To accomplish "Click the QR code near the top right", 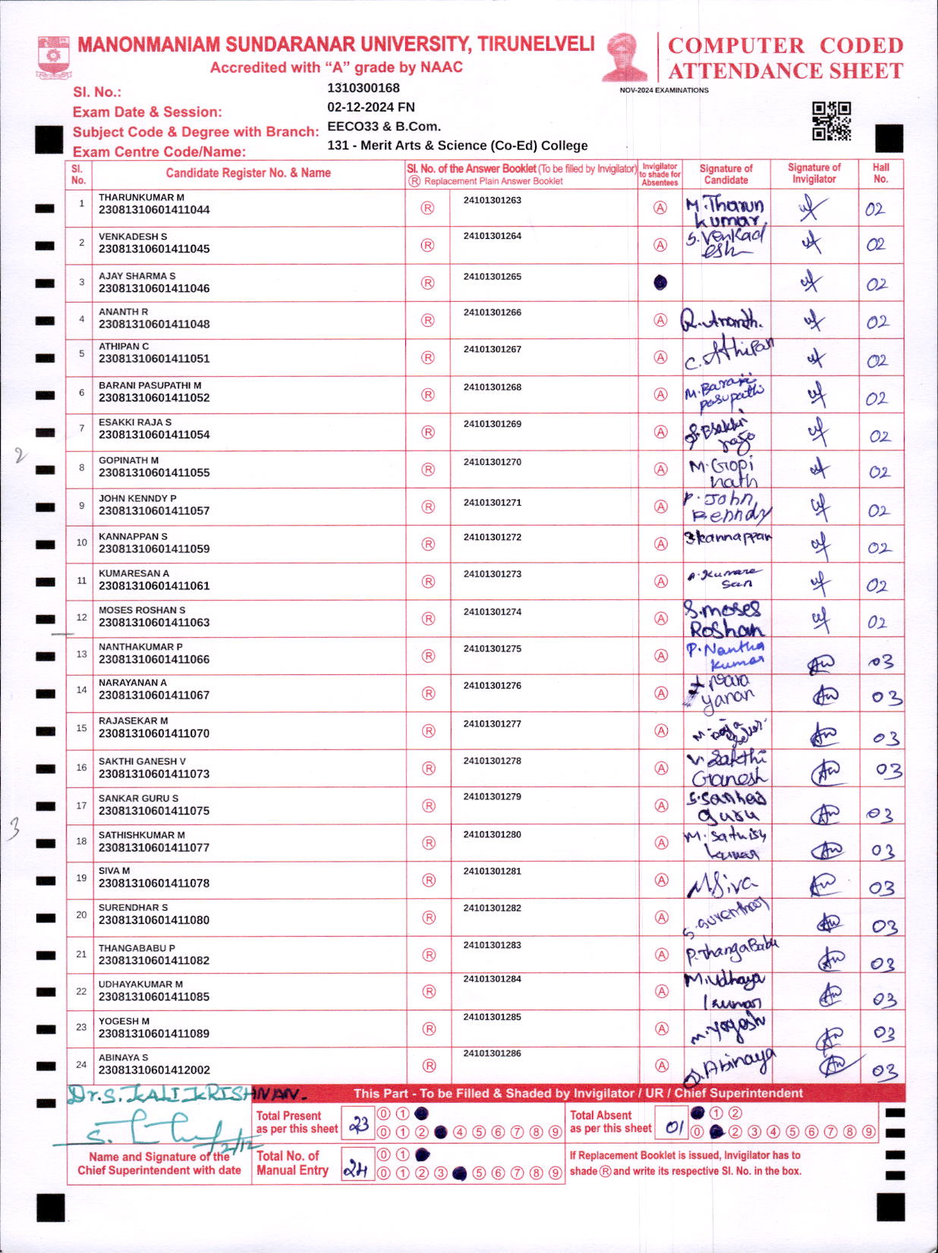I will coord(831,121).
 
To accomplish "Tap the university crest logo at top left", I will coord(53,57).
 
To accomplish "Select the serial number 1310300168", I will coord(363,88).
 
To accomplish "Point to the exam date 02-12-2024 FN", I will coord(370,107).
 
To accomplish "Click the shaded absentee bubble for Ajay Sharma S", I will coord(660,282).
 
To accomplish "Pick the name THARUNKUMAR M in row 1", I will coord(141,197).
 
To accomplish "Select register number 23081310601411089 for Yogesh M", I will coord(154,1033).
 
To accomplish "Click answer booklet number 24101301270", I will coord(492,462).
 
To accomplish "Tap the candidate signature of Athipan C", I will coord(727,355).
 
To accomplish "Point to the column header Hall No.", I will coord(880,173).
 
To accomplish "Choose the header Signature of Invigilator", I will coord(814,173).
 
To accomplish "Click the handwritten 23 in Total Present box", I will coord(358,1124).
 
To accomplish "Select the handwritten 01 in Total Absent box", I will coord(674,1127).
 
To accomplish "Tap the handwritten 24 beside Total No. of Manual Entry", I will coord(355,1170).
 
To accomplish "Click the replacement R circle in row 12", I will coord(428,619).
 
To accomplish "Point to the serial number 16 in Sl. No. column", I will coord(81,768).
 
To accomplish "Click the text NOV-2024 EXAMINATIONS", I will coord(664,90).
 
